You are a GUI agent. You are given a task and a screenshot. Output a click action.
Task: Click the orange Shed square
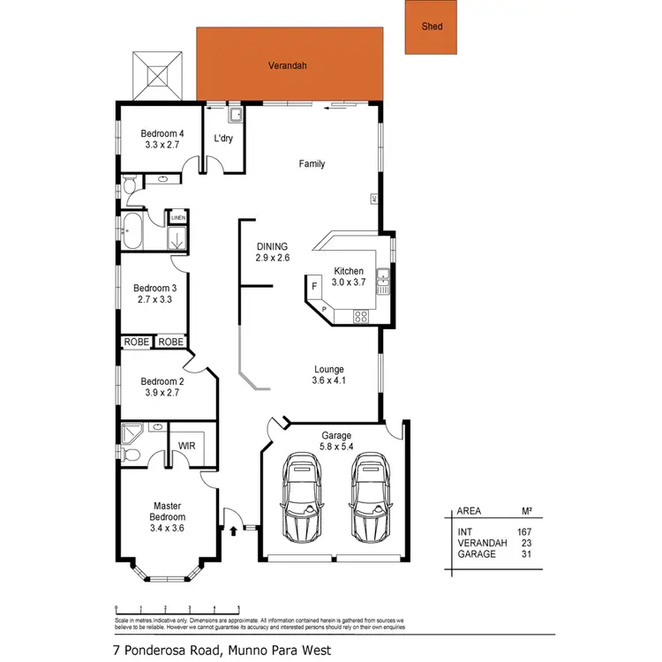tap(432, 26)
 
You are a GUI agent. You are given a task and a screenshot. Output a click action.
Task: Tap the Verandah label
tap(289, 65)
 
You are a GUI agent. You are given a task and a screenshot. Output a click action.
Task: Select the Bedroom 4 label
tap(162, 134)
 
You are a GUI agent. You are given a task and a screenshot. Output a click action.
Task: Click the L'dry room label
tap(224, 139)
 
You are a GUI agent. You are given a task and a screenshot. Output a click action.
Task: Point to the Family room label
tap(312, 163)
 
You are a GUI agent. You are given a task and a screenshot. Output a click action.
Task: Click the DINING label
tap(272, 246)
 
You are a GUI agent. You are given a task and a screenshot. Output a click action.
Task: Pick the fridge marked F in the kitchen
tap(314, 287)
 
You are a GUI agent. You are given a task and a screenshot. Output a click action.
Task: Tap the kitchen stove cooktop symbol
tap(361, 315)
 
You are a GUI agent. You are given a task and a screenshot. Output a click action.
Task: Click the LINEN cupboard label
tap(177, 216)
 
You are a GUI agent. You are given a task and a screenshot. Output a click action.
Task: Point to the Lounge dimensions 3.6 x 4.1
tap(329, 381)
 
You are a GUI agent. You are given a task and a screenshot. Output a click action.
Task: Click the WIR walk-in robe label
tap(187, 446)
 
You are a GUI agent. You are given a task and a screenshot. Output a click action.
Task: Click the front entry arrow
tap(233, 530)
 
